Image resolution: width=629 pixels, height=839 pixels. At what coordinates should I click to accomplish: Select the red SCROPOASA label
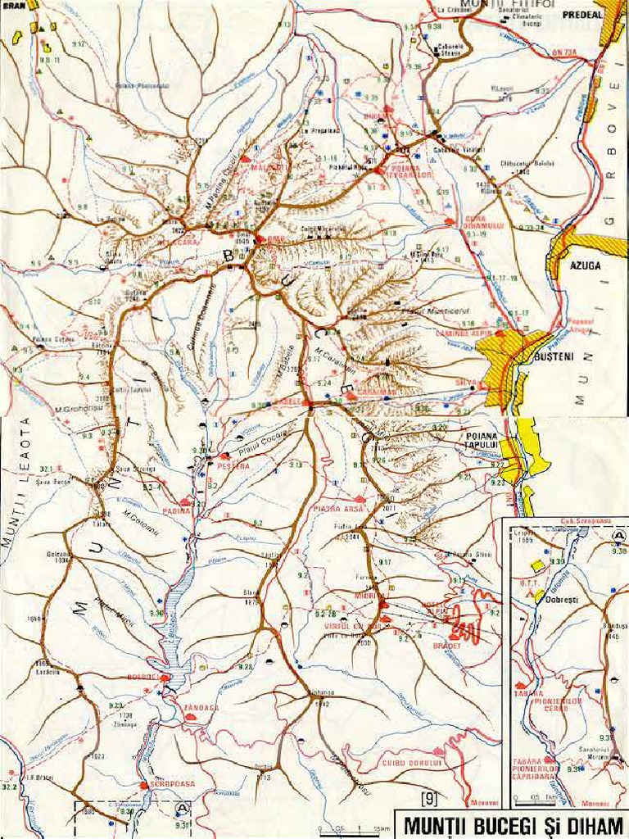pos(171,784)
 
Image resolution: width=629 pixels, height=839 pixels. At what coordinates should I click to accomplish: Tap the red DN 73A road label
pos(564,52)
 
